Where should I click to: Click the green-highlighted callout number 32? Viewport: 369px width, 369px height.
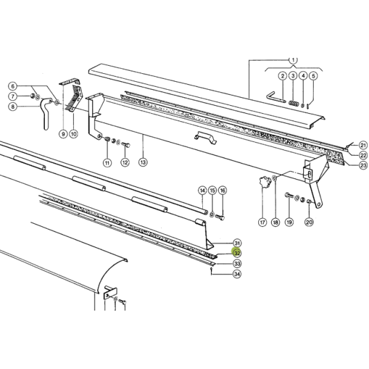[x=237, y=253]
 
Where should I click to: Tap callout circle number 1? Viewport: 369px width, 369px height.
[x=293, y=60]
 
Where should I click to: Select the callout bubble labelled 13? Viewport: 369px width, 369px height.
[x=143, y=162]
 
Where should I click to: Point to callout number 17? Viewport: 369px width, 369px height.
[x=263, y=222]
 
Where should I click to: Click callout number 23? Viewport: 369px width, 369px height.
[x=363, y=165]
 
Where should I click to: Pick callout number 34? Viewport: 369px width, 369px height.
[x=237, y=274]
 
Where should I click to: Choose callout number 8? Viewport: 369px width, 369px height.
[x=13, y=106]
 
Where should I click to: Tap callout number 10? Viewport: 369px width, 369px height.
[x=74, y=134]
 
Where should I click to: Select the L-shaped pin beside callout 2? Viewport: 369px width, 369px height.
[x=275, y=97]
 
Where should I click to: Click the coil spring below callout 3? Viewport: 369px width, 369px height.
[x=293, y=103]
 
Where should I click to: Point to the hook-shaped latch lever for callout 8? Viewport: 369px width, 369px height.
[x=46, y=113]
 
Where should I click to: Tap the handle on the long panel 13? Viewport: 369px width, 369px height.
[x=205, y=138]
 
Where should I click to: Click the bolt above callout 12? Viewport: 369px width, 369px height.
[x=126, y=145]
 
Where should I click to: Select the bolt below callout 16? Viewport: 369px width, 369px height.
[x=220, y=218]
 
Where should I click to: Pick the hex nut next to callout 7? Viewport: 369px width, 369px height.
[x=33, y=95]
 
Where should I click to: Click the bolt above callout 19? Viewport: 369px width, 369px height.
[x=289, y=195]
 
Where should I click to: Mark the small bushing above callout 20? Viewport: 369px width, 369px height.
[x=309, y=202]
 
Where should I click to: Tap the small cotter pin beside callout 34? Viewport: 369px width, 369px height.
[x=212, y=271]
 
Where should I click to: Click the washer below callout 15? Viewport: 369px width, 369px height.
[x=212, y=215]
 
